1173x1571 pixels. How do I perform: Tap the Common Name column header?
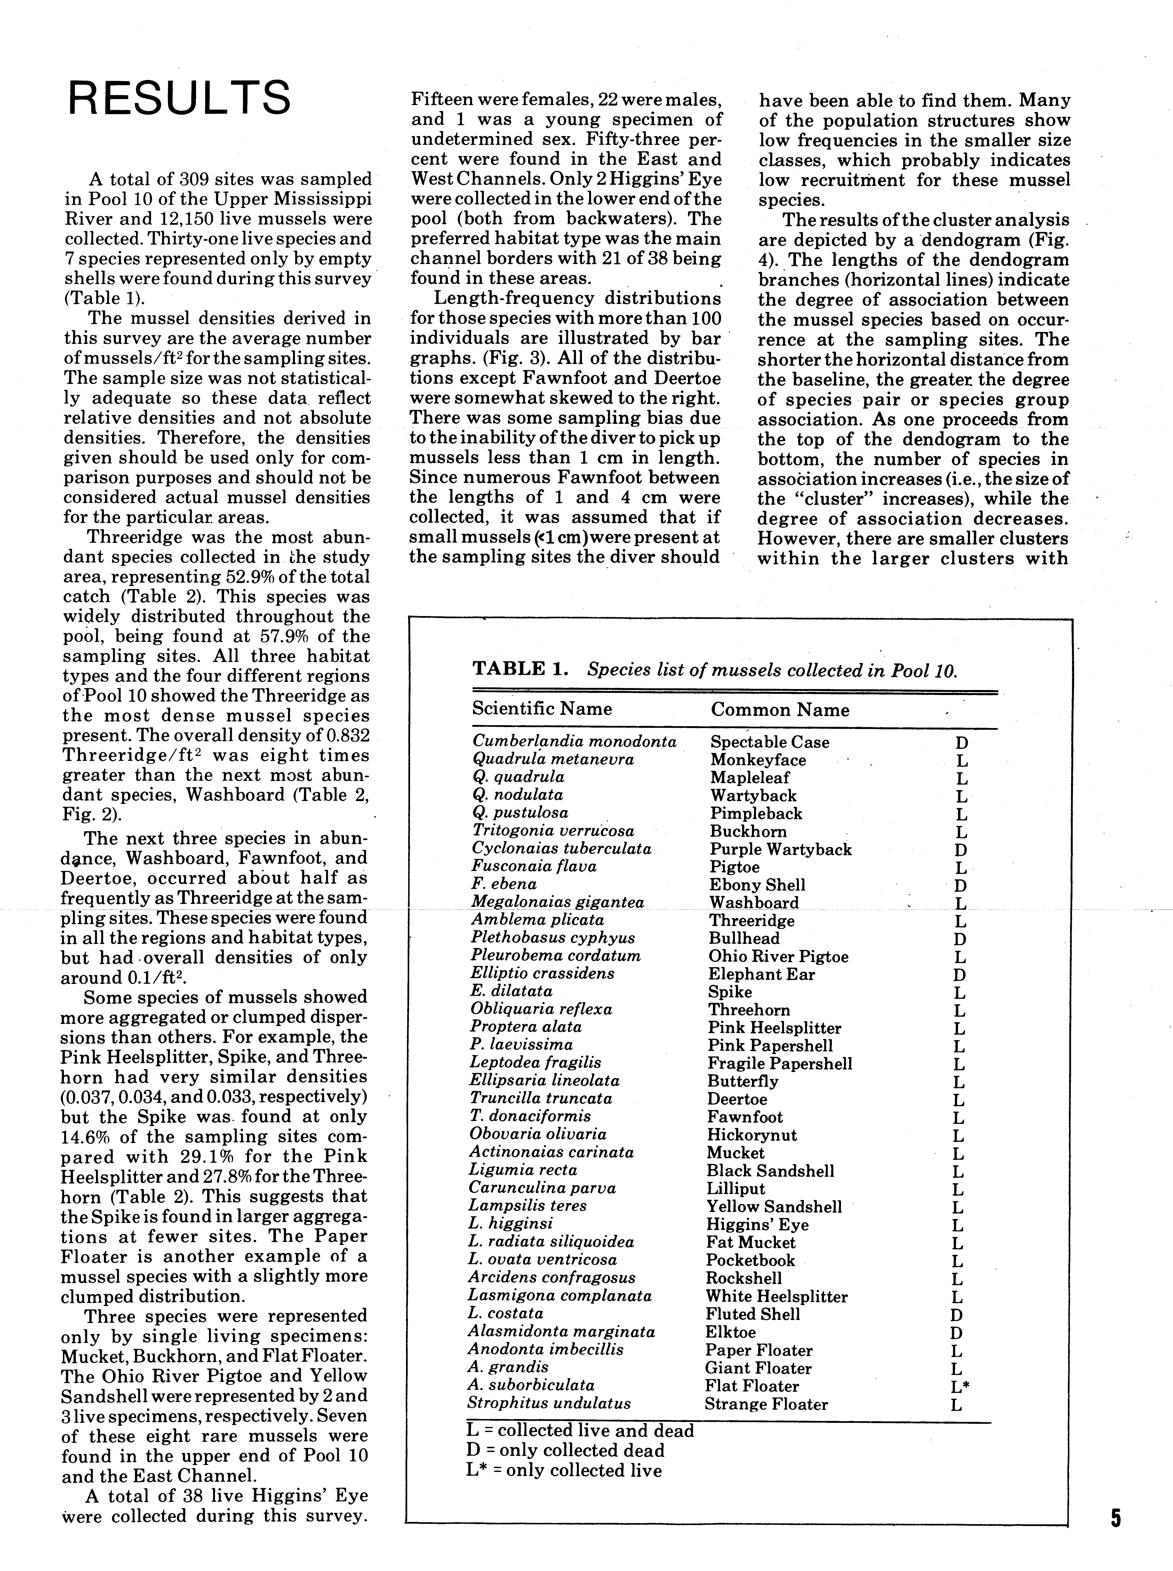(780, 710)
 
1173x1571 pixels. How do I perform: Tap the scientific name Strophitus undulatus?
(549, 1403)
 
